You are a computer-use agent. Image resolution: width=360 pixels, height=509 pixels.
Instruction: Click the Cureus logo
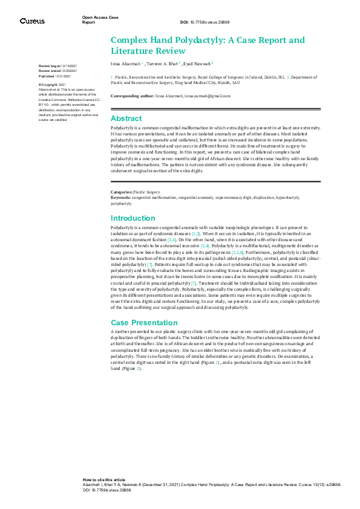[32, 21]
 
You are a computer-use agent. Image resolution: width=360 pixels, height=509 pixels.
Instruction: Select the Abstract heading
[126, 118]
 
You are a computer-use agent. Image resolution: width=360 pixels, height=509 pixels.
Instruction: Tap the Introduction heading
[133, 218]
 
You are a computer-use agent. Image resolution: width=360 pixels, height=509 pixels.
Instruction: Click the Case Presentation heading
[144, 323]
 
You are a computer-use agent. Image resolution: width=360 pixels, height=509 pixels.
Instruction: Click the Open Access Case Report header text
[96, 20]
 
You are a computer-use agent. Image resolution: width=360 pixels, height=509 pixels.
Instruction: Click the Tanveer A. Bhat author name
[163, 63]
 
